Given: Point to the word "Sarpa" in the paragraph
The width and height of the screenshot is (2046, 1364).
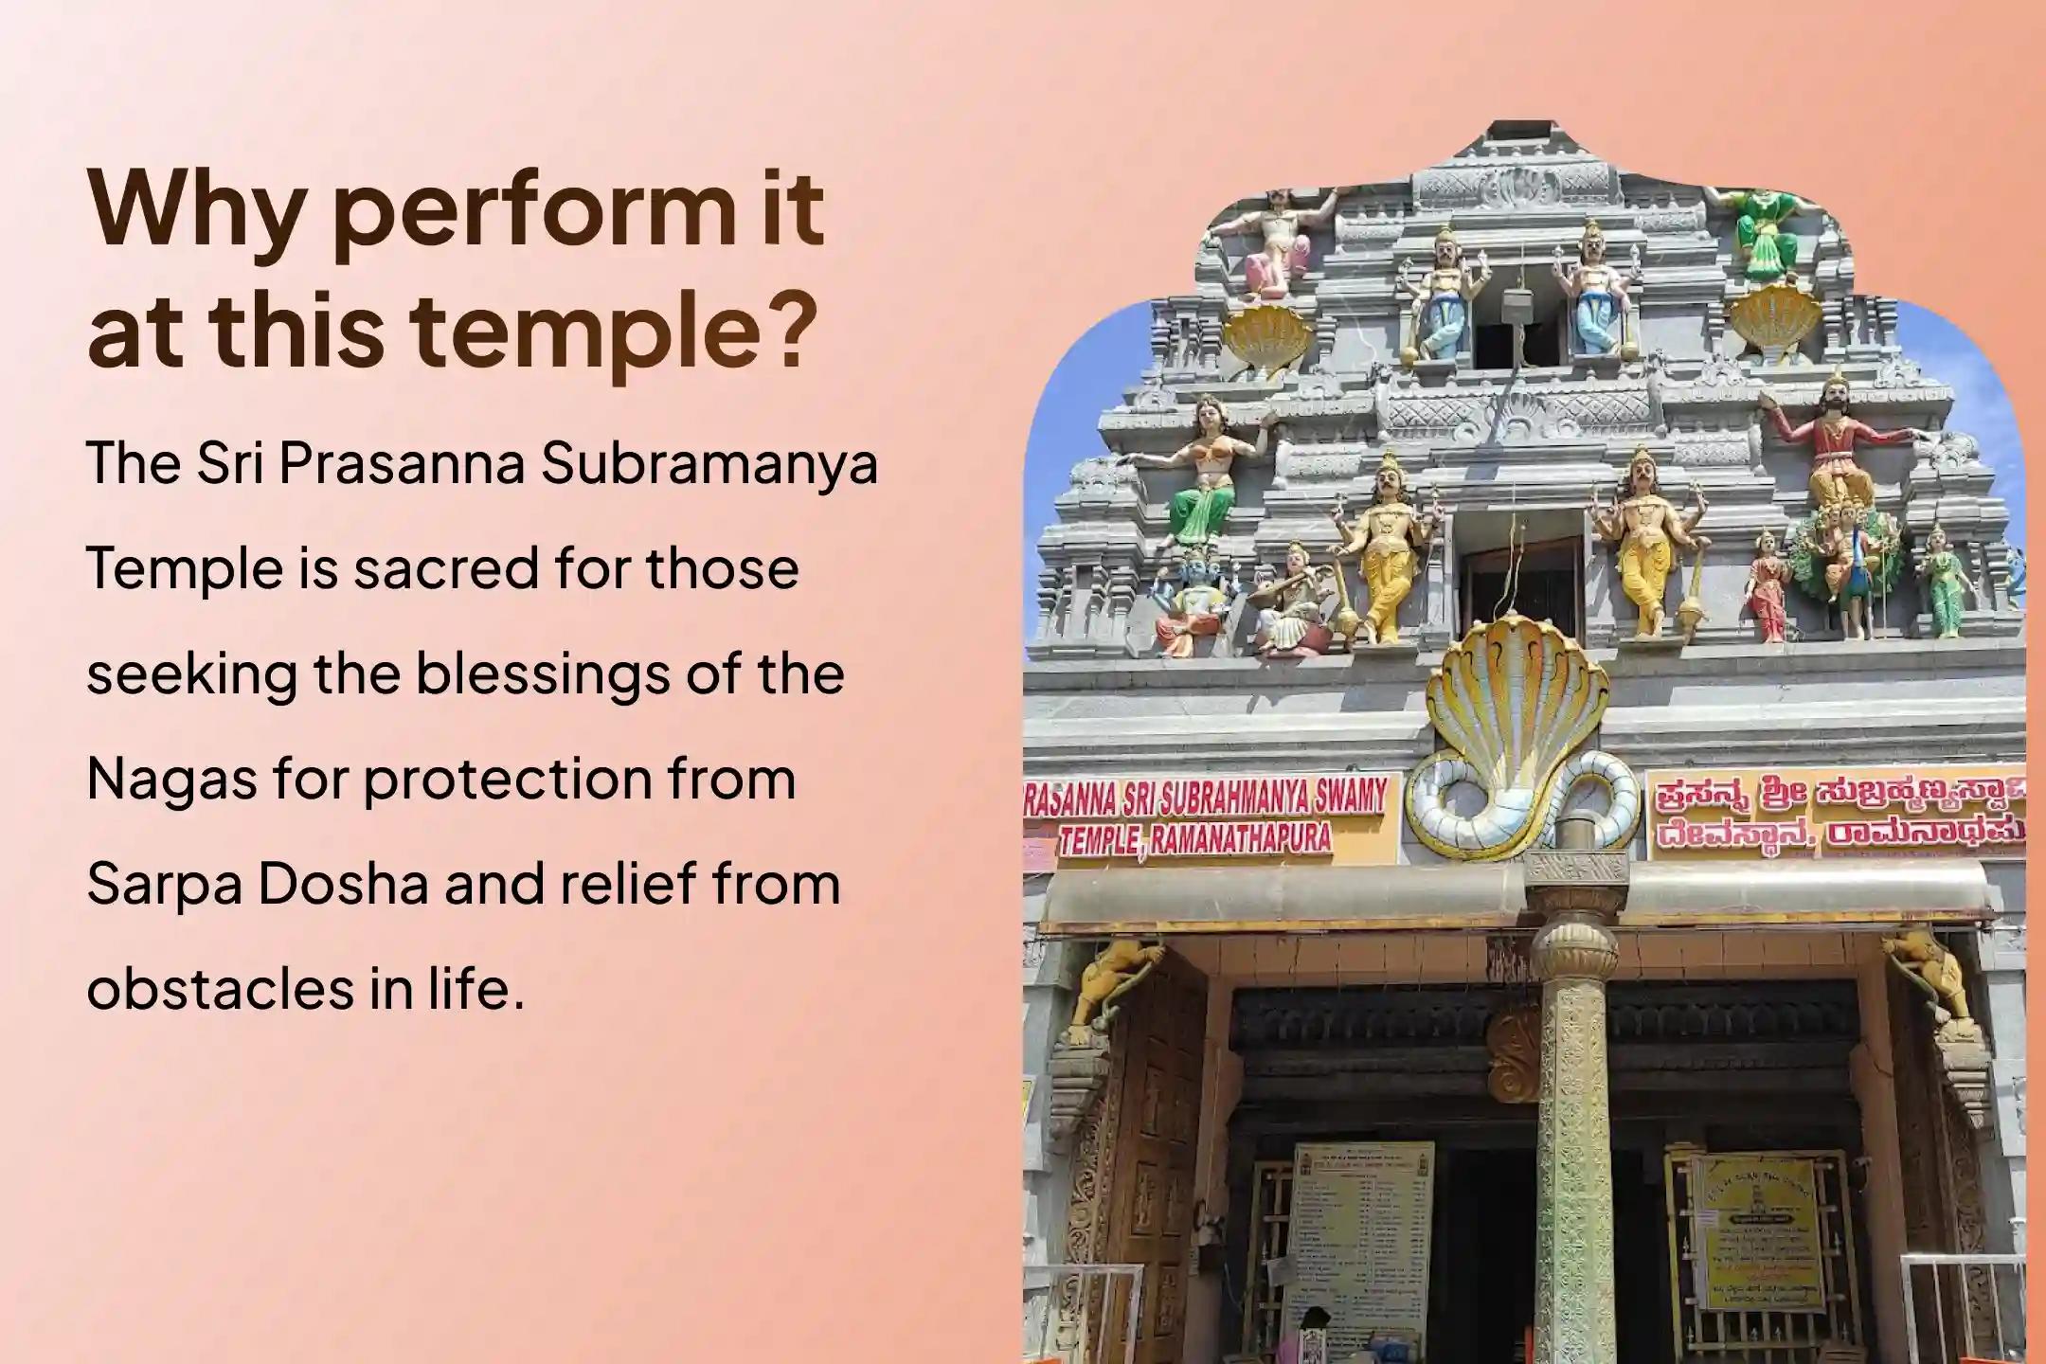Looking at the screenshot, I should pyautogui.click(x=161, y=884).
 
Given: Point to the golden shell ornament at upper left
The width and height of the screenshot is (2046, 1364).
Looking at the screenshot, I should pyautogui.click(x=1265, y=336).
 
